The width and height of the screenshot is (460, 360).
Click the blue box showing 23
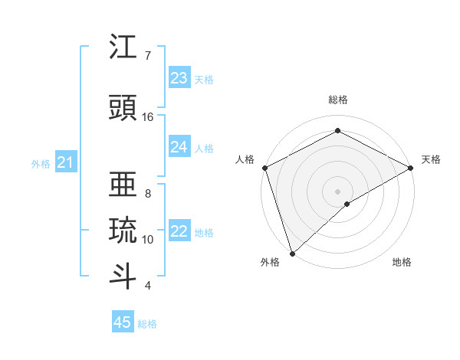click(179, 78)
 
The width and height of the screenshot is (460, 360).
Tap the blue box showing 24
click(179, 147)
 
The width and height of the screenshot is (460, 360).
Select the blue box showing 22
click(179, 232)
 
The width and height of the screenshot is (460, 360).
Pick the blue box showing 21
click(65, 162)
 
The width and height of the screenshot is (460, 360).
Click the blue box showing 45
click(123, 322)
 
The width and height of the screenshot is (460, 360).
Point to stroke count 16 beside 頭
click(148, 117)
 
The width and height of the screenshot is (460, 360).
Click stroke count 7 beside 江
click(148, 56)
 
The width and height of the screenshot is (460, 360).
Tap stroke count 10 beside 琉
click(148, 240)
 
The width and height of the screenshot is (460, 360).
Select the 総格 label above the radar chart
click(338, 100)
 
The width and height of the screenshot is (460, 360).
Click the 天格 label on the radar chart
click(431, 159)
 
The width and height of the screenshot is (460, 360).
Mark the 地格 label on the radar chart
click(402, 262)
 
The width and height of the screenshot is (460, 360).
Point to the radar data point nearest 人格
click(264, 167)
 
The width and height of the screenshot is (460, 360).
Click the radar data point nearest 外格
click(291, 254)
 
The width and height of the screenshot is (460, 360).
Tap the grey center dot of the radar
click(337, 191)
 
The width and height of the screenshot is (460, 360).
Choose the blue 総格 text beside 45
click(147, 324)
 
